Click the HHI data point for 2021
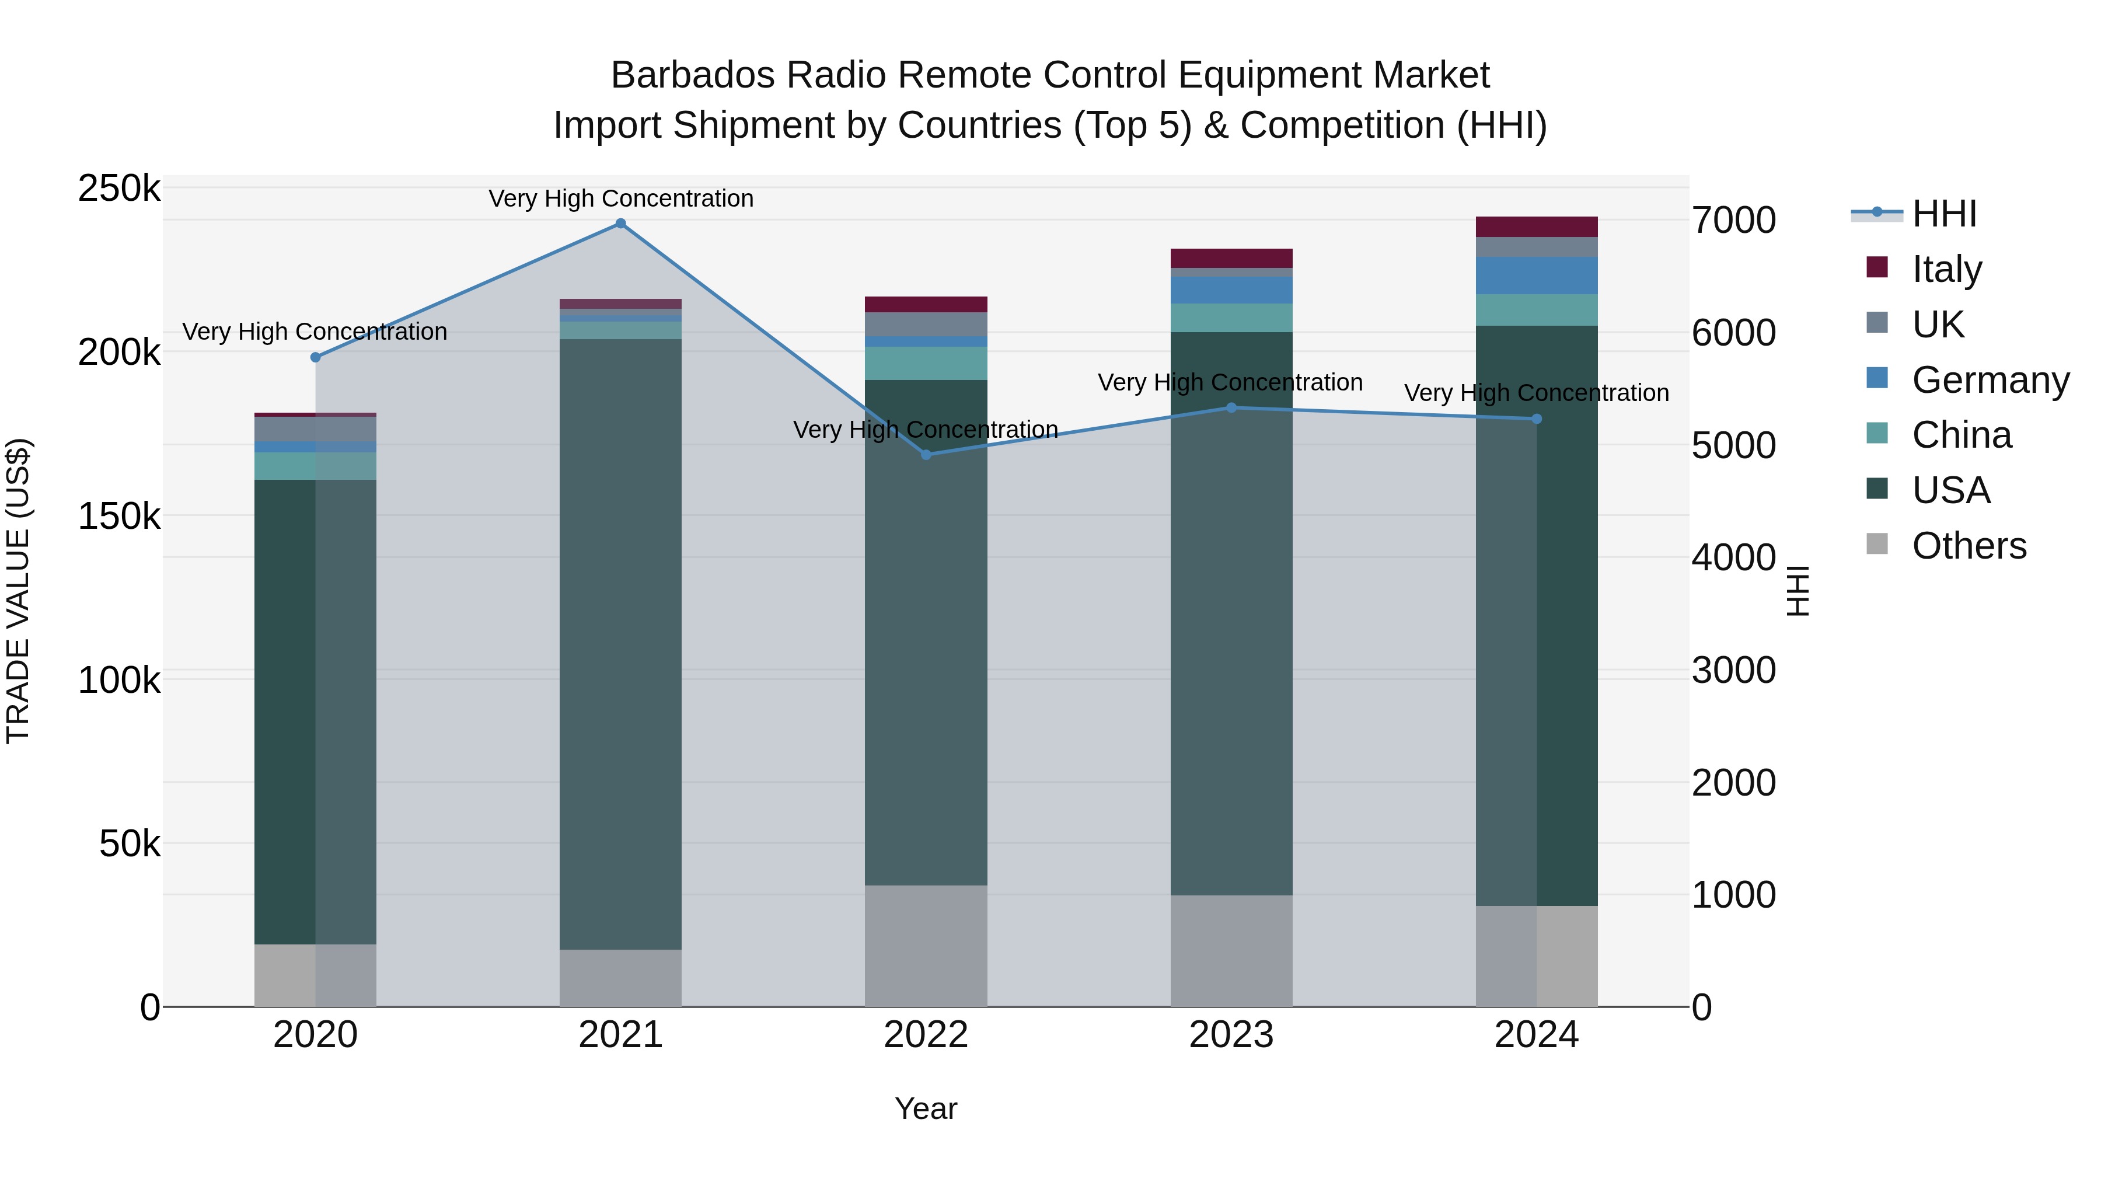(x=621, y=224)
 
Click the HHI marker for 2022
(x=926, y=454)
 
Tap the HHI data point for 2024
(x=1537, y=419)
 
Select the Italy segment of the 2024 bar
(x=1537, y=227)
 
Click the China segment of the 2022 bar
(x=926, y=363)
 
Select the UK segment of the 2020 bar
(x=316, y=429)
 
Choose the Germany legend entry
(x=1990, y=380)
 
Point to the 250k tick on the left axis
(x=119, y=189)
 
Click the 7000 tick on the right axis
(x=1733, y=220)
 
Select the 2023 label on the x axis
(x=1231, y=1035)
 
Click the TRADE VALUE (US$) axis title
(x=18, y=591)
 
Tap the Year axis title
(x=926, y=1108)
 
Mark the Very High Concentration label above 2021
(x=621, y=198)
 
